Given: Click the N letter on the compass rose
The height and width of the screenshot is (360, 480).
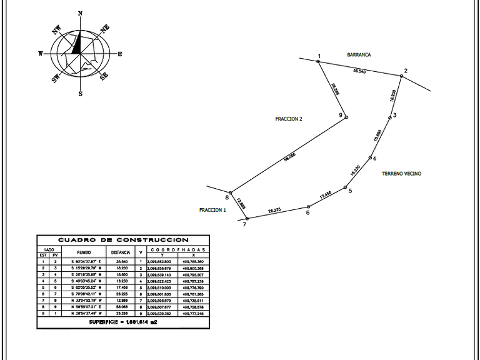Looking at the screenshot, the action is coord(80,12).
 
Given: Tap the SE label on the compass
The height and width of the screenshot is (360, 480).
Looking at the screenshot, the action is coord(104,76).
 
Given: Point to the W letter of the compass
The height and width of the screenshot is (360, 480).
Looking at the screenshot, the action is coord(41,54).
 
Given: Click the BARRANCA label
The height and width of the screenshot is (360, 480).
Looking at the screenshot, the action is coord(359,55).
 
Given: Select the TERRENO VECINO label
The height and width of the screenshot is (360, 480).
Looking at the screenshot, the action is coord(401,173).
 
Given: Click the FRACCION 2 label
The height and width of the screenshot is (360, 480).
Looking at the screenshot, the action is coord(289,118).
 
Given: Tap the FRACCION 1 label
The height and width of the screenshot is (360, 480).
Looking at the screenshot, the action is coord(212,210).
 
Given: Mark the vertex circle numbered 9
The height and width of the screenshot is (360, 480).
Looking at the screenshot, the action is coord(346,117).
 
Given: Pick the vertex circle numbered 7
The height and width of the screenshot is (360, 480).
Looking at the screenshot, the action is coord(247,219).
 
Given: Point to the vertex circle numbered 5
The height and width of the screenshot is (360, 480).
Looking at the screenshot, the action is coord(345,187).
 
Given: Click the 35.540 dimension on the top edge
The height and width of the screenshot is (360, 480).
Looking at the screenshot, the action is coord(359,70).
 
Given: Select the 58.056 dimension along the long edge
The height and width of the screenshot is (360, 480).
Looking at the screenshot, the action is coord(289,157).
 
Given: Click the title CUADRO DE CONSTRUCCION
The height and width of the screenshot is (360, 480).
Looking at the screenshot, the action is coord(123,239).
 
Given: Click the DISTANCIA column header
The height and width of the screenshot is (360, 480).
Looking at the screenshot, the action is coord(121,252).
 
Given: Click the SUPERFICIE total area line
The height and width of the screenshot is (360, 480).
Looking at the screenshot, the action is coord(122,322).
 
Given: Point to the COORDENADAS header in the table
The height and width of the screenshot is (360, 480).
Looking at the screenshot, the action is coord(181,249).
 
